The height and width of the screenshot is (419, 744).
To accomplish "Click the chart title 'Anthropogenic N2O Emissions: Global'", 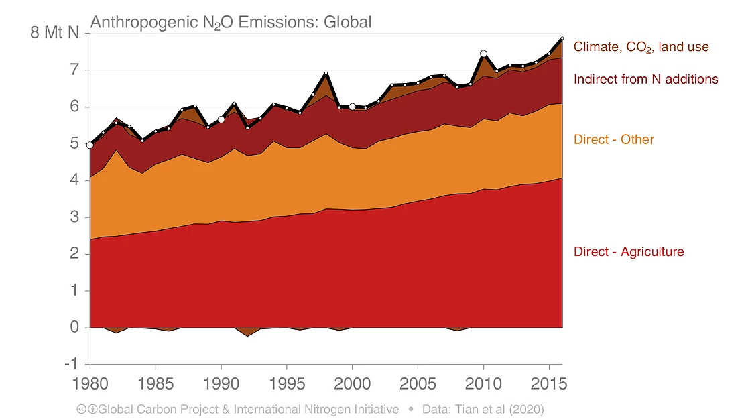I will click(x=231, y=22).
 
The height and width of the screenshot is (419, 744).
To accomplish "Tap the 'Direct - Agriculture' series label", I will click(x=629, y=252).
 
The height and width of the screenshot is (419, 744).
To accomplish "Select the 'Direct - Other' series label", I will click(x=613, y=139).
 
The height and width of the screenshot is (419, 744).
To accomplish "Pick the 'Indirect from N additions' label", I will click(x=645, y=79).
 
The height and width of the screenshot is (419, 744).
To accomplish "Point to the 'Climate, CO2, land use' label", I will click(x=641, y=47).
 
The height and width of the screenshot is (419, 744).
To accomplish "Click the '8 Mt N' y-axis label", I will click(x=54, y=32).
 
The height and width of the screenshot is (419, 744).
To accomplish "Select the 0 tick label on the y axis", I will click(x=75, y=328).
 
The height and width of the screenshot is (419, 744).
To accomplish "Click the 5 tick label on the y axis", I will click(x=75, y=143).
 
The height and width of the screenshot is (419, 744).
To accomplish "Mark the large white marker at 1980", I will click(x=90, y=145).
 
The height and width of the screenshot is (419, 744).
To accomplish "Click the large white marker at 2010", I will click(x=483, y=54).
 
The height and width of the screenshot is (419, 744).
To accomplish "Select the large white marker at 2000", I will click(x=352, y=107).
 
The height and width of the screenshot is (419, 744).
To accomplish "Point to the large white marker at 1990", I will click(x=221, y=119).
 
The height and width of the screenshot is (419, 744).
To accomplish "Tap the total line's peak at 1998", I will click(x=326, y=73).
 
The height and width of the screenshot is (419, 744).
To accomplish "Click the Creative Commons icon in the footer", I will click(x=82, y=409).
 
